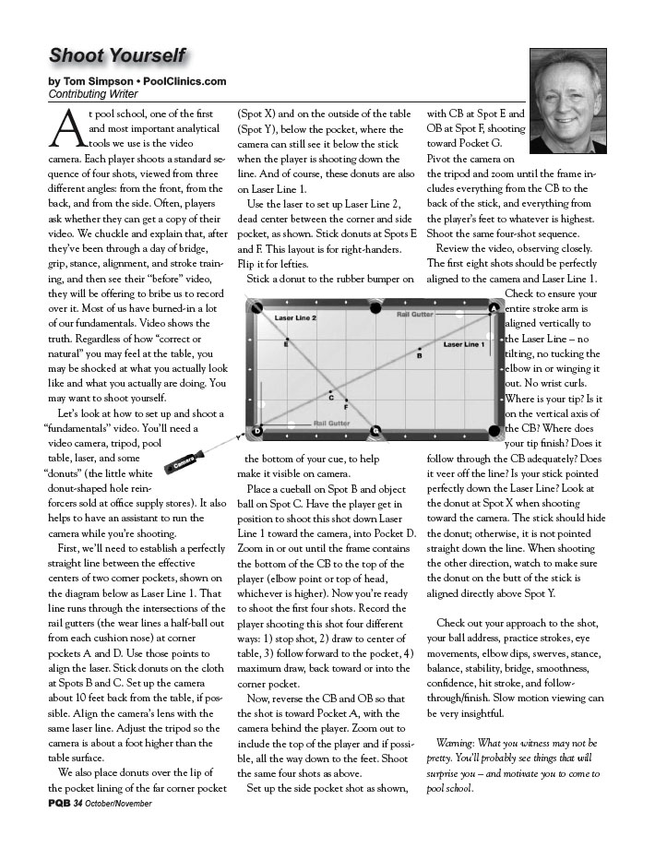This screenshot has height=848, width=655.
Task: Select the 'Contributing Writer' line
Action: click(x=89, y=94)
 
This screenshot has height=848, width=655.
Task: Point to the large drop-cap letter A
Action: click(x=62, y=127)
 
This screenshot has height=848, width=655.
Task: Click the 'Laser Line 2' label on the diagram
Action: click(x=295, y=318)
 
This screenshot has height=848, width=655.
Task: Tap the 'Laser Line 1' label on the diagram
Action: click(x=463, y=344)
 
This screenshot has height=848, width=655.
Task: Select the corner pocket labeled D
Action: click(x=257, y=430)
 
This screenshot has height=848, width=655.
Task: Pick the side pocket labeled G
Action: click(x=375, y=430)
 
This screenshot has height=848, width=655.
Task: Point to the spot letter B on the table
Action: click(x=420, y=354)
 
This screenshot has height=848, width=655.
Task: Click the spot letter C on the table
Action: click(x=331, y=397)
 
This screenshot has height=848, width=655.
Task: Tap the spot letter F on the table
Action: click(x=346, y=407)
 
